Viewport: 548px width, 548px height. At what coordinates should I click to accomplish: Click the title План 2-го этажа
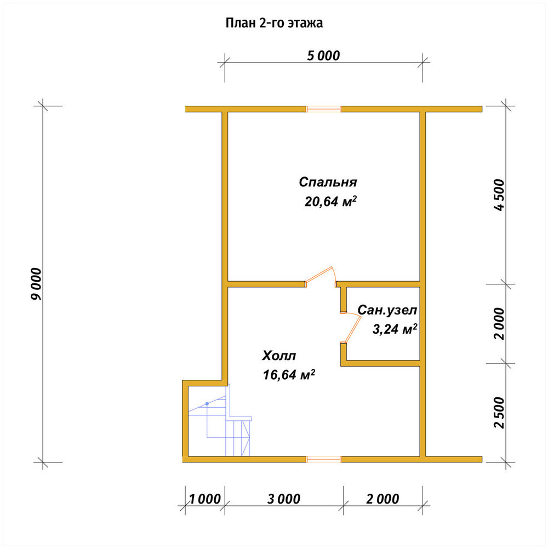click(274, 23)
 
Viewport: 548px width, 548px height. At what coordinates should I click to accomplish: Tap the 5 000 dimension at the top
click(323, 56)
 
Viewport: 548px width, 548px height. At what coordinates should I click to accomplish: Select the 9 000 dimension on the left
click(36, 284)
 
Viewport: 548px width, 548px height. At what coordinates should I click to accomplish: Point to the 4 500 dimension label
click(499, 195)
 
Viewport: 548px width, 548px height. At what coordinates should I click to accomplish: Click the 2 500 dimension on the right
click(499, 413)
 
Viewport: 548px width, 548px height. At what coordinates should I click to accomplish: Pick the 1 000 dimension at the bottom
click(205, 499)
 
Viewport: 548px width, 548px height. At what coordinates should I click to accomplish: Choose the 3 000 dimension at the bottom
click(284, 499)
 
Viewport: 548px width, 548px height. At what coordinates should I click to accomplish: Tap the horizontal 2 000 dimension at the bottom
click(383, 499)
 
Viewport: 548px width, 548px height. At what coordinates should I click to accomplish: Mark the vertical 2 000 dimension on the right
click(499, 324)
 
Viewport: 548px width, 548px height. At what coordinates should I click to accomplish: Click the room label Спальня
click(328, 182)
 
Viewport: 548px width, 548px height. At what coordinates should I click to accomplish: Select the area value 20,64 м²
click(330, 201)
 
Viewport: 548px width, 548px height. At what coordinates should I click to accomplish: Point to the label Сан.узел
click(387, 310)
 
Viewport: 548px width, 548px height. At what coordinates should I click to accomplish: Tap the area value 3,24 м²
click(395, 329)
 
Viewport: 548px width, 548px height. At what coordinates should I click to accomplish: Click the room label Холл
click(279, 356)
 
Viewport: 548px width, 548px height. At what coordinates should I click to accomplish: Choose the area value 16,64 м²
click(289, 375)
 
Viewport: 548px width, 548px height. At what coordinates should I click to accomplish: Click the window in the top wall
click(324, 109)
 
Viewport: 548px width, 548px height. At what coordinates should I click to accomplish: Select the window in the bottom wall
click(324, 459)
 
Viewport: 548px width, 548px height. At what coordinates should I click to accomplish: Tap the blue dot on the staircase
click(207, 404)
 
